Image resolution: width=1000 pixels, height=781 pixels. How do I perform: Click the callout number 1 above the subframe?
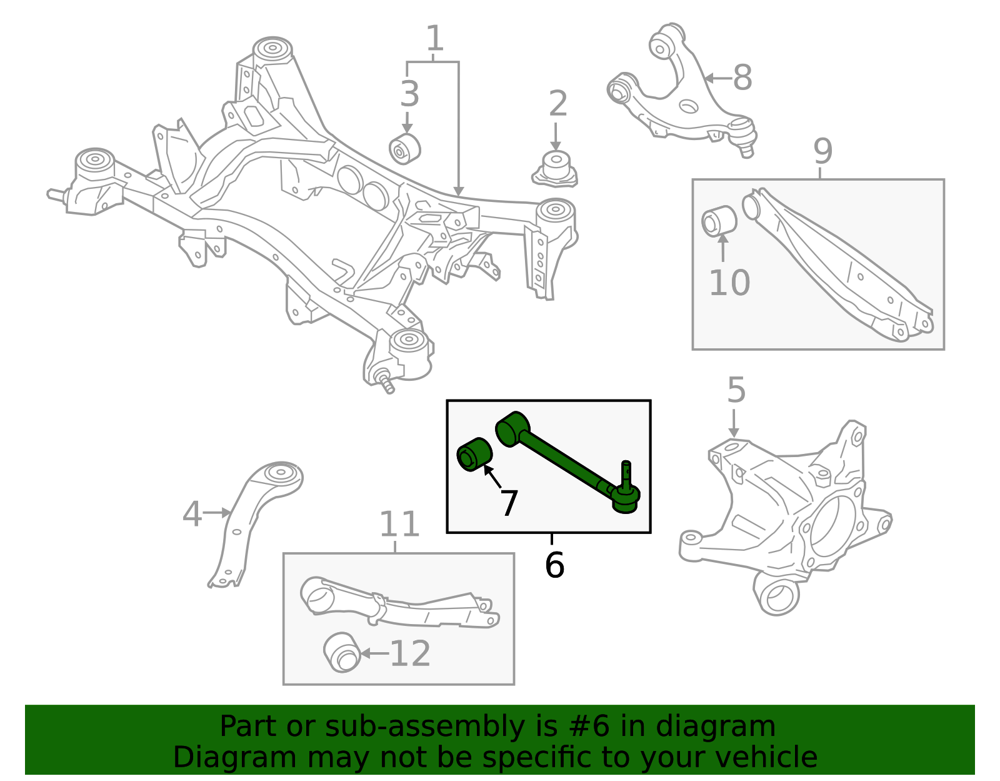[x=435, y=39]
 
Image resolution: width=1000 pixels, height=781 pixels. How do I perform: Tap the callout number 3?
[x=409, y=94]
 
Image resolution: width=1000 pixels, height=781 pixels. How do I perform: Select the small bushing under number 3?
[x=404, y=148]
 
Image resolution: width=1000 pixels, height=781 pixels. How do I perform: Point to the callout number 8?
[x=742, y=78]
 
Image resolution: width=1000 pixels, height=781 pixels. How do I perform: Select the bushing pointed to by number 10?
[x=719, y=221]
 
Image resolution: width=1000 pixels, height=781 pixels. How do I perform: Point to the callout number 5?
[x=736, y=390]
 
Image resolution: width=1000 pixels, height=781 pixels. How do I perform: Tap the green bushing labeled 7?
[x=475, y=455]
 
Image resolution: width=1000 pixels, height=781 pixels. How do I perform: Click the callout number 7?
[x=509, y=503]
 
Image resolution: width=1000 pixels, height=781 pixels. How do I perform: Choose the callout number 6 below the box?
[x=554, y=565]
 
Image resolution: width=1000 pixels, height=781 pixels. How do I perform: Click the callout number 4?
[x=192, y=514]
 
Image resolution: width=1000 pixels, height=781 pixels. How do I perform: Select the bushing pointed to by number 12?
[x=342, y=653]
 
